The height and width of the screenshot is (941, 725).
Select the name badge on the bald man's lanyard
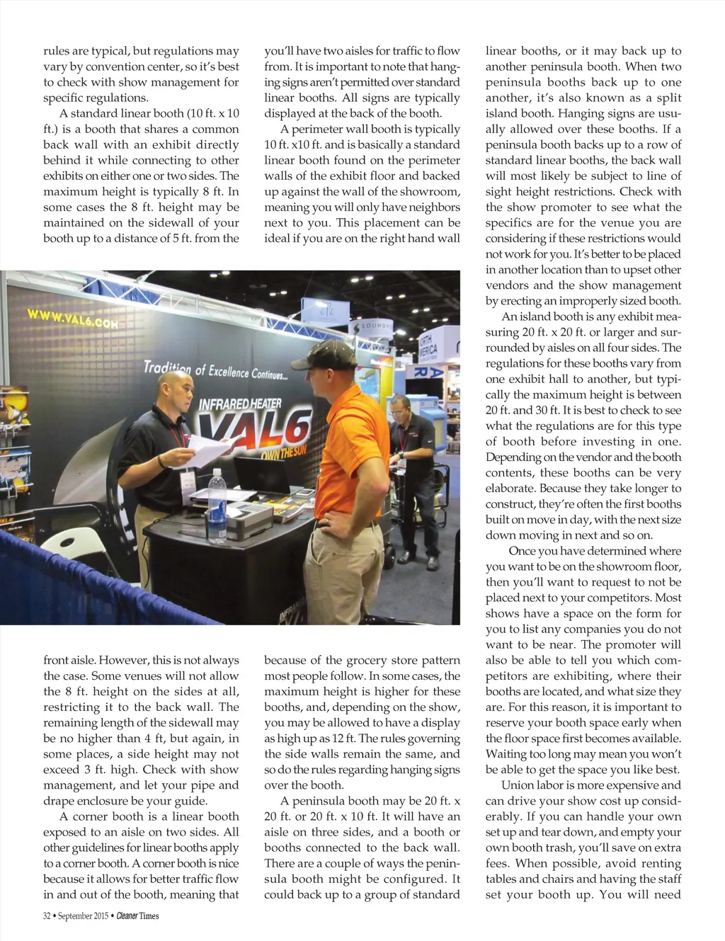[x=187, y=481]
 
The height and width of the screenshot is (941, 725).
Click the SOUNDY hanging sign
[x=372, y=326]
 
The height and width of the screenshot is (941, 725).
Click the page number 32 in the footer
[x=47, y=916]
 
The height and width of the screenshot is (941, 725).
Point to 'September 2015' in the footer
[x=83, y=916]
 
